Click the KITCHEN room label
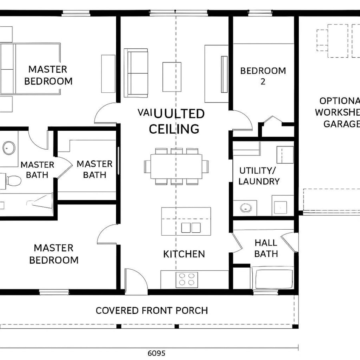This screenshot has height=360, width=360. (184, 254)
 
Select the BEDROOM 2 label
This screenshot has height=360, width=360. (263, 76)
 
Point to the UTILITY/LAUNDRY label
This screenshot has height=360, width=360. (259, 176)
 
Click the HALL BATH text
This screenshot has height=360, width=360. (266, 248)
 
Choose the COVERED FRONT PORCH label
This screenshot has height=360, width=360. (152, 310)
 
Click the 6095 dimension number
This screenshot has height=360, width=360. (156, 353)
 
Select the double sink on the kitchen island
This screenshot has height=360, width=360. (191, 228)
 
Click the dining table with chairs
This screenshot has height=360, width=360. (176, 166)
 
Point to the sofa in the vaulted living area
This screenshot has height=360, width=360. (136, 73)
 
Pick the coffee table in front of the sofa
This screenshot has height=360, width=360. (172, 77)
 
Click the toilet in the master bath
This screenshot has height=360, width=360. (13, 181)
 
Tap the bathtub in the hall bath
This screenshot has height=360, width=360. (274, 279)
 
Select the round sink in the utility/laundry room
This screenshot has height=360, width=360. (245, 208)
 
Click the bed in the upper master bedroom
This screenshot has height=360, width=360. (30, 69)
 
